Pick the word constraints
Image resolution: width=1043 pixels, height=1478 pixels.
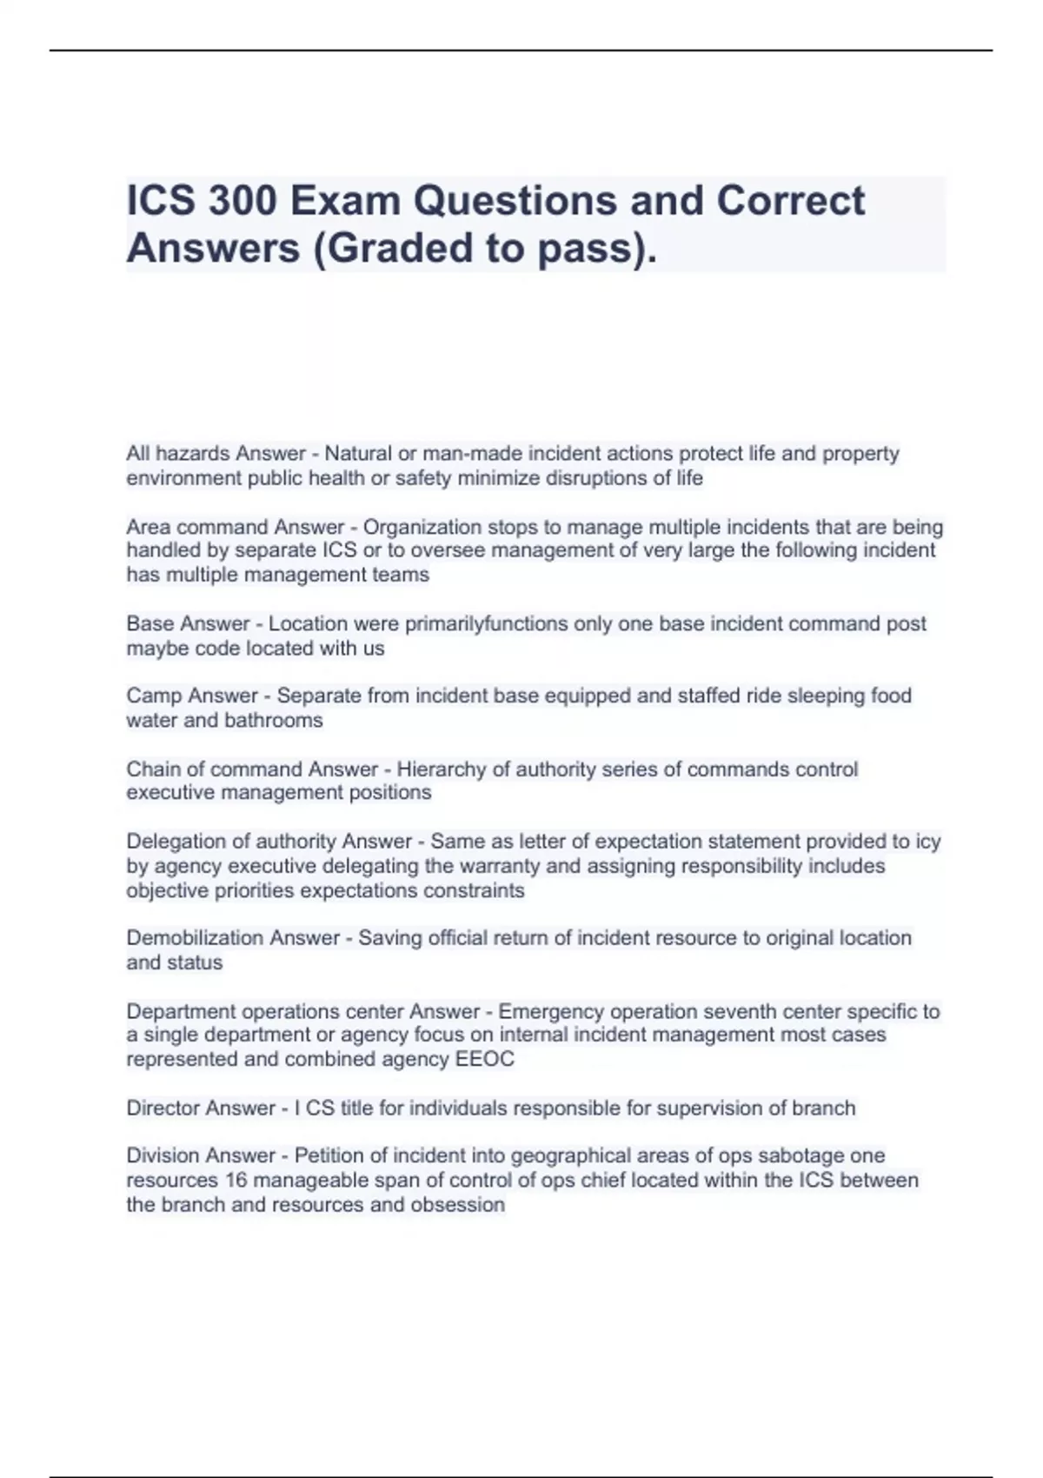click(474, 891)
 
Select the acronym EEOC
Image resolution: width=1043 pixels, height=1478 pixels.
click(485, 1060)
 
